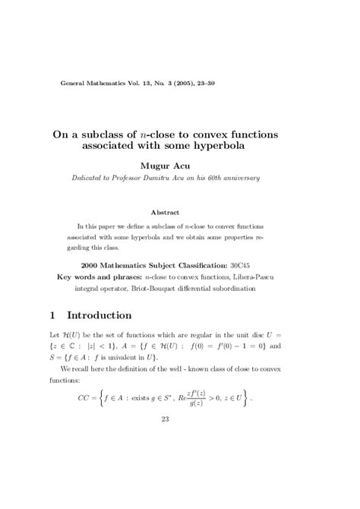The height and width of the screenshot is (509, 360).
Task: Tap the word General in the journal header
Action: tap(74, 81)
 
